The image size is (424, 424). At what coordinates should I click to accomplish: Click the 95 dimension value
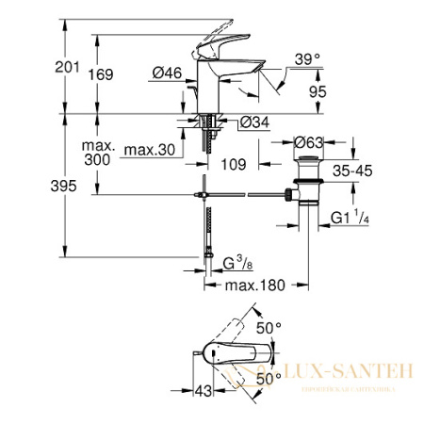(319, 91)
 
